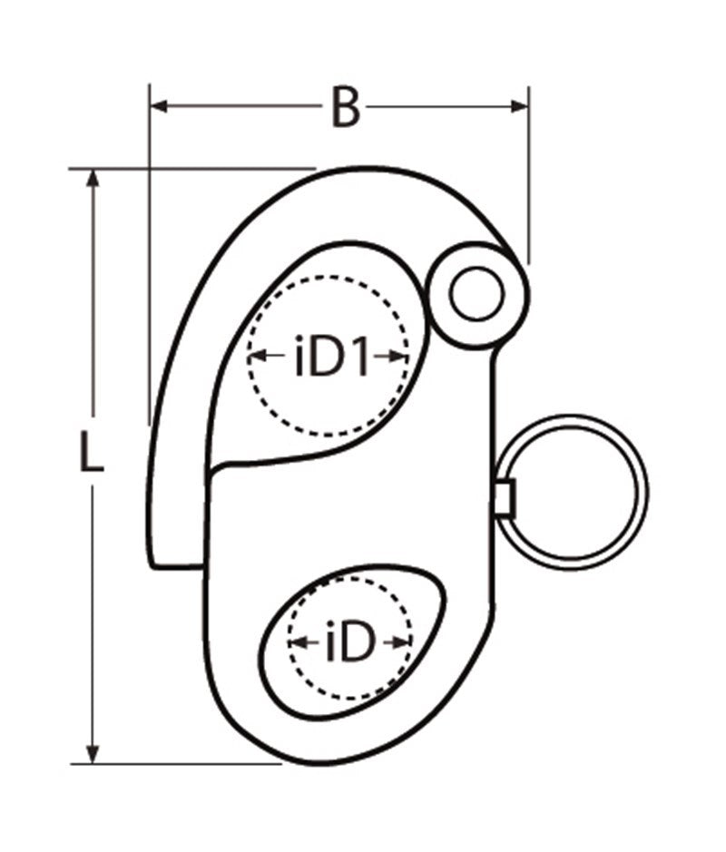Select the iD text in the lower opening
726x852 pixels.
click(349, 644)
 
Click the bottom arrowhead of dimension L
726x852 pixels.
click(92, 752)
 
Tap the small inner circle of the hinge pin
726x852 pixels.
click(476, 294)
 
